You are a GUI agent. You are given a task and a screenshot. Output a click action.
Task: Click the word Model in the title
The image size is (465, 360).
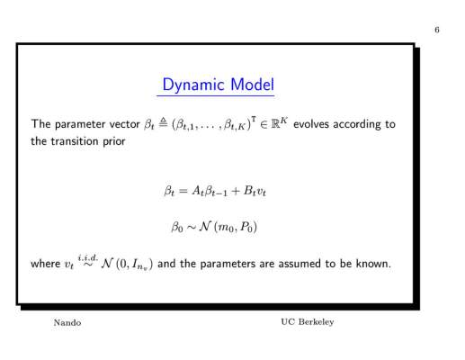click(253, 85)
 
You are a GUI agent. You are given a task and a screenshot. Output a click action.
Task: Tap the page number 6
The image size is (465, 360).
click(437, 30)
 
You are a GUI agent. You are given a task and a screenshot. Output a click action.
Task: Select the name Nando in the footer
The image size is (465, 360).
click(67, 322)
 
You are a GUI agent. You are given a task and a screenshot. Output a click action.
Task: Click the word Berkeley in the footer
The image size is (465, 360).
click(316, 322)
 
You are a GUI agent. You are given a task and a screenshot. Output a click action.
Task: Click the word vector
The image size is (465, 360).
click(124, 124)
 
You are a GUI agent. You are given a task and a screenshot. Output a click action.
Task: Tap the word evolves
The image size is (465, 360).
click(311, 124)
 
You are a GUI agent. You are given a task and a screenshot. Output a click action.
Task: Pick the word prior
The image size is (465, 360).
click(114, 141)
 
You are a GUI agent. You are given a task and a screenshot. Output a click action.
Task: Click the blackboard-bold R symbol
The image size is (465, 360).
click(275, 124)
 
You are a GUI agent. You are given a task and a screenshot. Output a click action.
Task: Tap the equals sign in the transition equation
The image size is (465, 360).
click(183, 191)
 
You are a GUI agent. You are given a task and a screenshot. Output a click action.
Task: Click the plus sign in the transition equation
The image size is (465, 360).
click(236, 191)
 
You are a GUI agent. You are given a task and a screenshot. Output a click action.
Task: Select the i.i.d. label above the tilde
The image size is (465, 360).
click(88, 257)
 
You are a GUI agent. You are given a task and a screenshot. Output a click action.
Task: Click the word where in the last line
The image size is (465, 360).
click(46, 264)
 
